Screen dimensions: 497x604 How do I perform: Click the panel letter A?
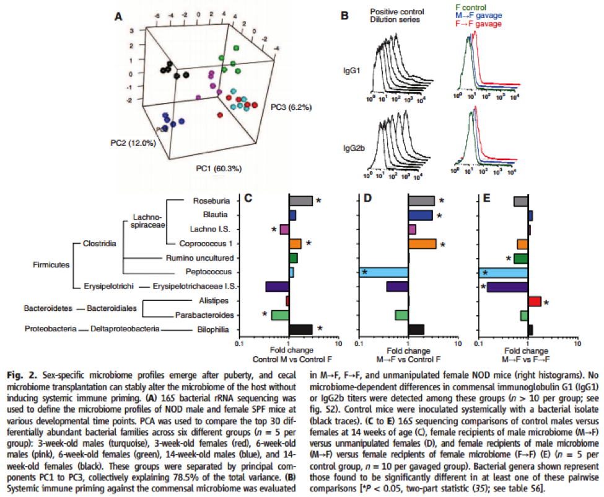(117, 18)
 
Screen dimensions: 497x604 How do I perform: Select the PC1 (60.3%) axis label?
(219, 168)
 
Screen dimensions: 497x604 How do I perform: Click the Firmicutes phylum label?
(50, 265)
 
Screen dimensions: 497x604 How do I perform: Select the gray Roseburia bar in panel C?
(300, 201)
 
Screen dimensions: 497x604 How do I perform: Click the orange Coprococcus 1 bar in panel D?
(422, 244)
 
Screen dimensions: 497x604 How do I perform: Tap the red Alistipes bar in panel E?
(534, 301)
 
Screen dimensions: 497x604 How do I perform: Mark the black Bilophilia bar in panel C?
(300, 329)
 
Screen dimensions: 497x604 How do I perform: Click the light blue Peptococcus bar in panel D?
(383, 272)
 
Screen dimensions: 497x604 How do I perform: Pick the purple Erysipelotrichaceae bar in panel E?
(507, 287)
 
